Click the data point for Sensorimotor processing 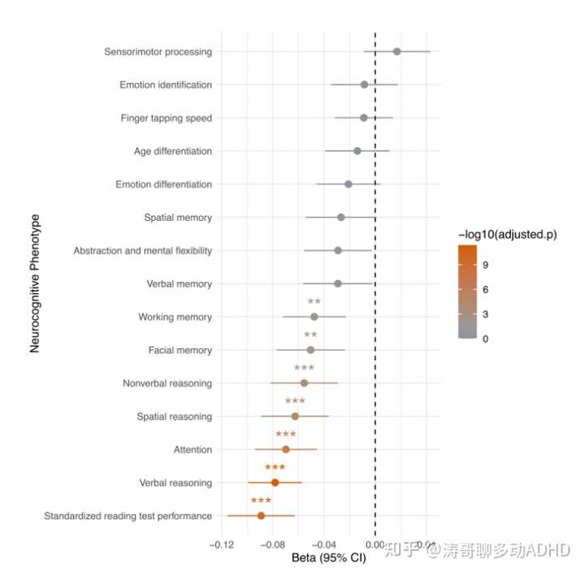[x=396, y=51]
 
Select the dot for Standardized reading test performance [x=261, y=516]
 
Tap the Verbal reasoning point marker [x=275, y=482]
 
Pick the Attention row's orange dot [x=285, y=449]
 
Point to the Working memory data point [x=314, y=317]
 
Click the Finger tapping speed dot [x=363, y=118]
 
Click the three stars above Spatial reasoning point [x=295, y=401]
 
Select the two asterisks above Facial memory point [x=310, y=334]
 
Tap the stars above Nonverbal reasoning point [x=304, y=368]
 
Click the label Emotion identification [x=166, y=84]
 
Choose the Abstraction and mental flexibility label [x=143, y=251]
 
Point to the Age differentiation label [x=173, y=151]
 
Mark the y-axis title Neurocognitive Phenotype [x=35, y=283]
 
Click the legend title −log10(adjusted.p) [x=507, y=235]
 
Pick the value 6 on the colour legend [x=485, y=289]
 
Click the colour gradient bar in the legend [x=467, y=292]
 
